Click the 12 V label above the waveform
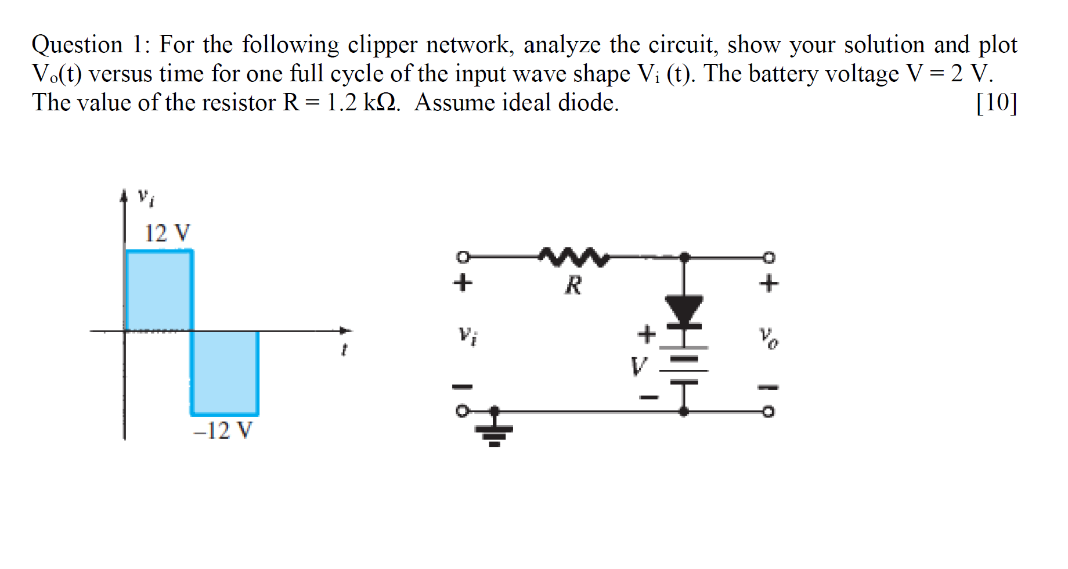pos(167,233)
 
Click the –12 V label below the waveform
pos(223,431)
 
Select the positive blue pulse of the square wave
pos(159,290)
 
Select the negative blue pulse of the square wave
pos(225,373)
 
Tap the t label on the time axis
pos(344,350)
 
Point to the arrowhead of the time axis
pos(347,331)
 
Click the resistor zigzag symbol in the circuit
pos(573,257)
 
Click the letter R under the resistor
pos(573,285)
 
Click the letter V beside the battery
pos(638,366)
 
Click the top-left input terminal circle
pos(462,257)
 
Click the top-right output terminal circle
pos(768,257)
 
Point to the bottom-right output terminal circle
pos(768,412)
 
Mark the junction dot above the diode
pos(685,257)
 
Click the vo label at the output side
pos(769,337)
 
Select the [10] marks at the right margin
pos(996,103)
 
